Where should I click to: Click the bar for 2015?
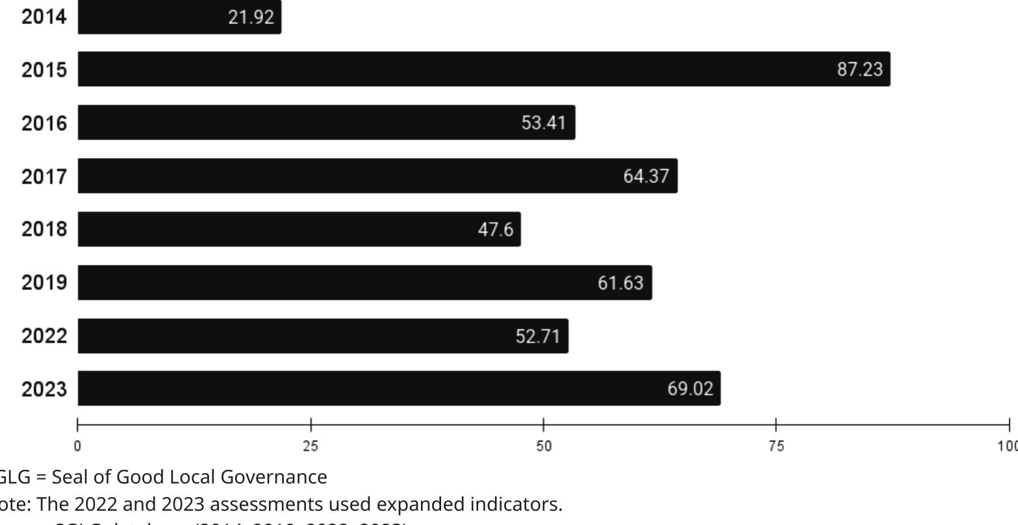tap(484, 69)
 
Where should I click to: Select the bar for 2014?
tap(179, 17)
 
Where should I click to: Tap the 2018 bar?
tap(299, 229)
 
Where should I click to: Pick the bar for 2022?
tap(323, 336)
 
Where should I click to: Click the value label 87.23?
tap(859, 69)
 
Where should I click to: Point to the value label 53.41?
tap(544, 123)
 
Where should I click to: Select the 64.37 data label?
tap(646, 176)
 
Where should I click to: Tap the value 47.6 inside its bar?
tap(496, 230)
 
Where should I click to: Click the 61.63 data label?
tap(620, 283)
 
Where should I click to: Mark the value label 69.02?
tap(690, 389)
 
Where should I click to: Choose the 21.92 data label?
tap(251, 18)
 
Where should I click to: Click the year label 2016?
tap(44, 123)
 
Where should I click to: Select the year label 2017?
tap(44, 176)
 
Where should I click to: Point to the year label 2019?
tap(44, 282)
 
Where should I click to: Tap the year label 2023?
tap(44, 389)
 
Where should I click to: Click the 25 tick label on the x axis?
tap(311, 446)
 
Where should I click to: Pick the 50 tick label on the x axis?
tap(543, 446)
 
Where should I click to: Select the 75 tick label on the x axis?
tap(776, 446)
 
